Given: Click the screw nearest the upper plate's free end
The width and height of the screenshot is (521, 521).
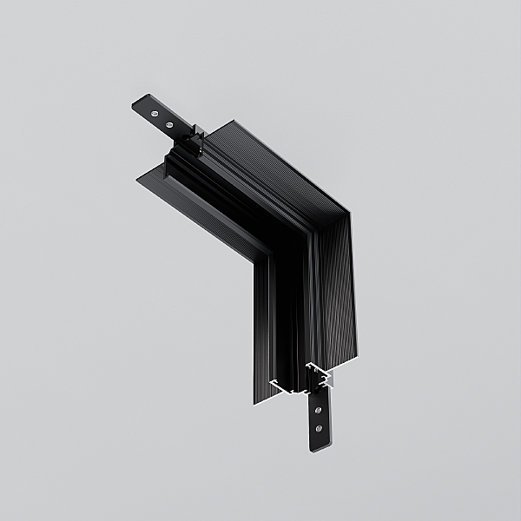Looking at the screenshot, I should click(x=155, y=113).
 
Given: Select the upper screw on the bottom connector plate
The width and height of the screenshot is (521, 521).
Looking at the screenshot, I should click(x=319, y=409).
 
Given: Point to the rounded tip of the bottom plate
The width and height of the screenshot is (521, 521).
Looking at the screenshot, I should click(x=318, y=447).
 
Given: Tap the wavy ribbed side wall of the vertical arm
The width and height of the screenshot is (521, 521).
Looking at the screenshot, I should click(x=339, y=295).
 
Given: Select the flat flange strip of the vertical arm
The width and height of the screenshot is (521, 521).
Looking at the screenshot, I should click(x=262, y=330).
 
